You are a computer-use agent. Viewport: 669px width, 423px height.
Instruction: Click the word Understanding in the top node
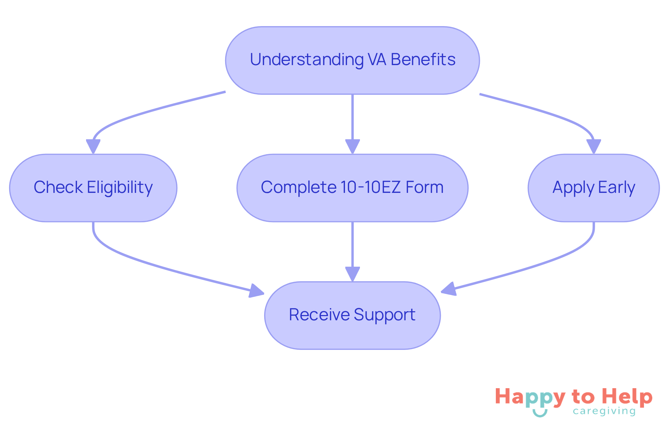tap(307, 60)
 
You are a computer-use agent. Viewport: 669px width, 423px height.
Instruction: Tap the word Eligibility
tap(120, 187)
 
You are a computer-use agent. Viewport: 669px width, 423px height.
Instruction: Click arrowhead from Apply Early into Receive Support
tap(449, 289)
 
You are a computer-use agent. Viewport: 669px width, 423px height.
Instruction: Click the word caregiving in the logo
tap(604, 411)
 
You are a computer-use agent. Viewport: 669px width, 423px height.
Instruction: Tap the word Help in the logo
tap(627, 397)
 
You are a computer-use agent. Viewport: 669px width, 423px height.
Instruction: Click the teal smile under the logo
tap(540, 413)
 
